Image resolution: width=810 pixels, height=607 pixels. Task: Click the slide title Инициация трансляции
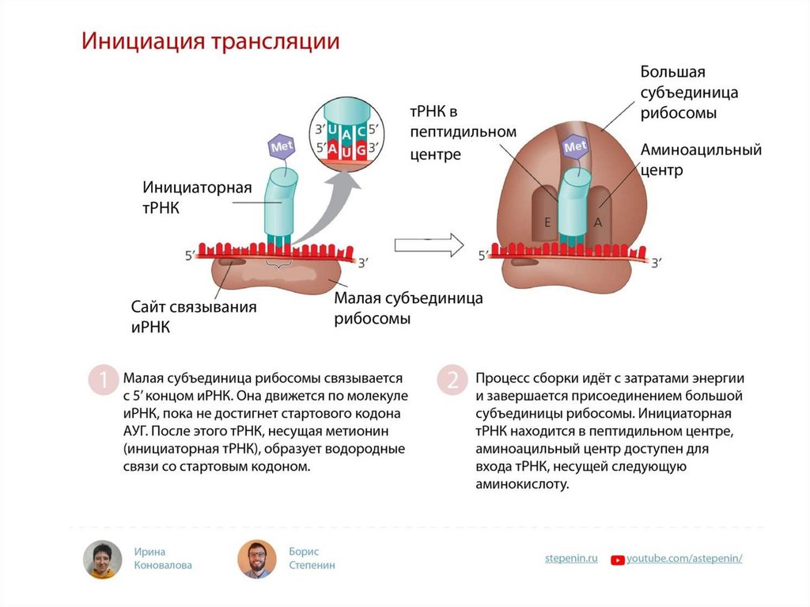[210, 41]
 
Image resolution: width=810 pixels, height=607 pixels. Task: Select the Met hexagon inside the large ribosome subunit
[575, 146]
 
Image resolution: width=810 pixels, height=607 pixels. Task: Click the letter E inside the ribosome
[546, 222]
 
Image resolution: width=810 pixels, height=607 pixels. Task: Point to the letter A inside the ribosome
[598, 222]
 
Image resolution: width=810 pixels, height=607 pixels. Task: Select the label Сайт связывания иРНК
[193, 316]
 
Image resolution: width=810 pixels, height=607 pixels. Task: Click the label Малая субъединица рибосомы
[408, 309]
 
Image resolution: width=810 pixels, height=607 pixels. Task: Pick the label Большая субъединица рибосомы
[689, 93]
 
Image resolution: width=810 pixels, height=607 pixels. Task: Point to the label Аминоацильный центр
[701, 159]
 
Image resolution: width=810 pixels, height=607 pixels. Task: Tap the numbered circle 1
[101, 380]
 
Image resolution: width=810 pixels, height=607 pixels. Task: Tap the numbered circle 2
[452, 380]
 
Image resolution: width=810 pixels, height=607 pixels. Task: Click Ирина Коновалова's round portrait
[103, 560]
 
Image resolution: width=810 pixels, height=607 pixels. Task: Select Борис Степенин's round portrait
[256, 560]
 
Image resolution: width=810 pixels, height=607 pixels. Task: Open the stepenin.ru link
[570, 558]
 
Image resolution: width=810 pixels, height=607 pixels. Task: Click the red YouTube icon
[617, 560]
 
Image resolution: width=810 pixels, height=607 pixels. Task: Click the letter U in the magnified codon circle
[334, 129]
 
